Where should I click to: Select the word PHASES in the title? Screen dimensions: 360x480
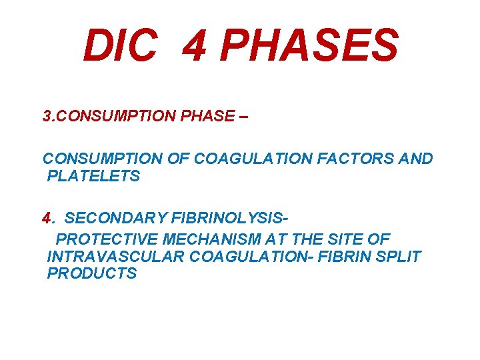[308, 45]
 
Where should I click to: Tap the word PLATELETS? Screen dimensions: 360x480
[93, 177]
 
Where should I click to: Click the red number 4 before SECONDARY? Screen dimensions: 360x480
[47, 219]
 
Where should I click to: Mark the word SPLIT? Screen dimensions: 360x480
[398, 256]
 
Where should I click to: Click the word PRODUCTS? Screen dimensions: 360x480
[92, 273]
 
